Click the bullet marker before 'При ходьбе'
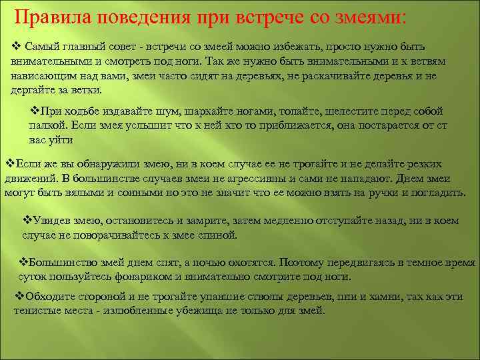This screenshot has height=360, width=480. tap(37, 111)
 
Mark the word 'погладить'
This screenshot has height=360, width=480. tap(437, 193)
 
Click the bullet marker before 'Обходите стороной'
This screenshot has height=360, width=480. tap(19, 297)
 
